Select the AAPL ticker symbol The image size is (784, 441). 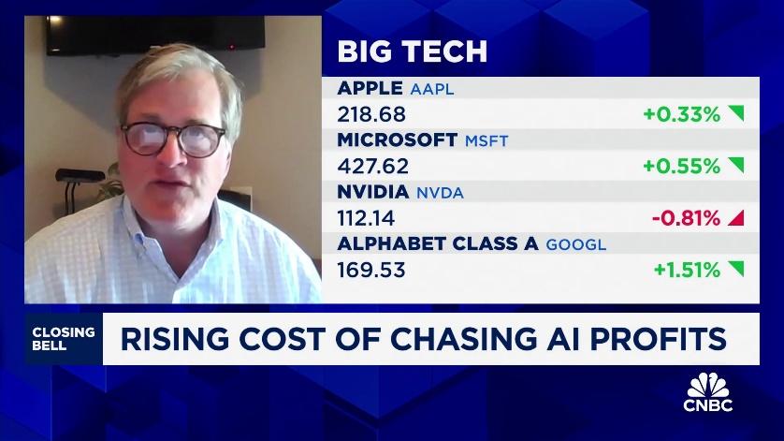point(432,90)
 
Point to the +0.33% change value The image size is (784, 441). point(680,115)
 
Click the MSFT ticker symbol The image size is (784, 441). point(486,141)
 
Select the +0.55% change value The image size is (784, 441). point(680,167)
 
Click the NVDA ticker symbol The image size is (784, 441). point(439,193)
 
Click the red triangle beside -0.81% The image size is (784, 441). point(735,218)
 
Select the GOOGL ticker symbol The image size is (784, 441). point(576,244)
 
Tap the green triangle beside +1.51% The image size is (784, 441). point(735,270)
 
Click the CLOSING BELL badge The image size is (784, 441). point(63,338)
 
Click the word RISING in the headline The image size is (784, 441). point(174,339)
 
